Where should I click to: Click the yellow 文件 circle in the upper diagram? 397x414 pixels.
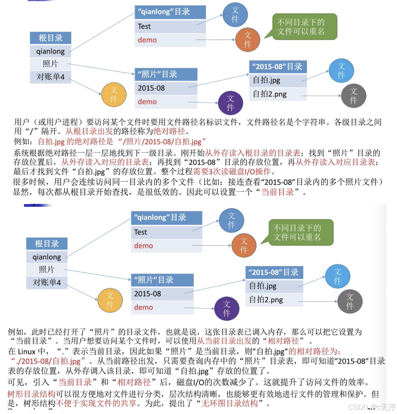pos(114,95)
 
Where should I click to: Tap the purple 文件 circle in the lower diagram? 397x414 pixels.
pos(227,309)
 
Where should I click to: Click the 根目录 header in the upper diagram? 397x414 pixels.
pos(51,38)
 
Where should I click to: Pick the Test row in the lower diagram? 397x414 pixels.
pos(166,232)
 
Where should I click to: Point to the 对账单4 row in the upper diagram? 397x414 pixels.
pos(51,77)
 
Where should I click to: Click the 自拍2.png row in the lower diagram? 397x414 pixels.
pos(274,300)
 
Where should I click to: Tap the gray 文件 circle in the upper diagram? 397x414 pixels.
pos(353,96)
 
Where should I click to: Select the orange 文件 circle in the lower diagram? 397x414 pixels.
pos(244,246)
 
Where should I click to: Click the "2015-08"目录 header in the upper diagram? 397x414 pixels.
pos(278,67)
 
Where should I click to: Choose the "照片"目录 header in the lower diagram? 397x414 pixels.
pos(162,280)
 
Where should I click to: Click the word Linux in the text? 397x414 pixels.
pos(27,352)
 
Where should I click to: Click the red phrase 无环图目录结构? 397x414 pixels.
pos(229,403)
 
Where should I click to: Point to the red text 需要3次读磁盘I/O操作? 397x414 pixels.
pos(232,172)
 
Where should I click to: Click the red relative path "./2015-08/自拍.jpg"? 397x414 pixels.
pos(48,361)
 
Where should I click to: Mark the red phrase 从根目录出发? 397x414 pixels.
pos(89,131)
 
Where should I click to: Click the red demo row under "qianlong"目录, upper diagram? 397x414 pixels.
pos(147,40)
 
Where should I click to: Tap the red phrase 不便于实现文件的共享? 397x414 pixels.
pos(96,403)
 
